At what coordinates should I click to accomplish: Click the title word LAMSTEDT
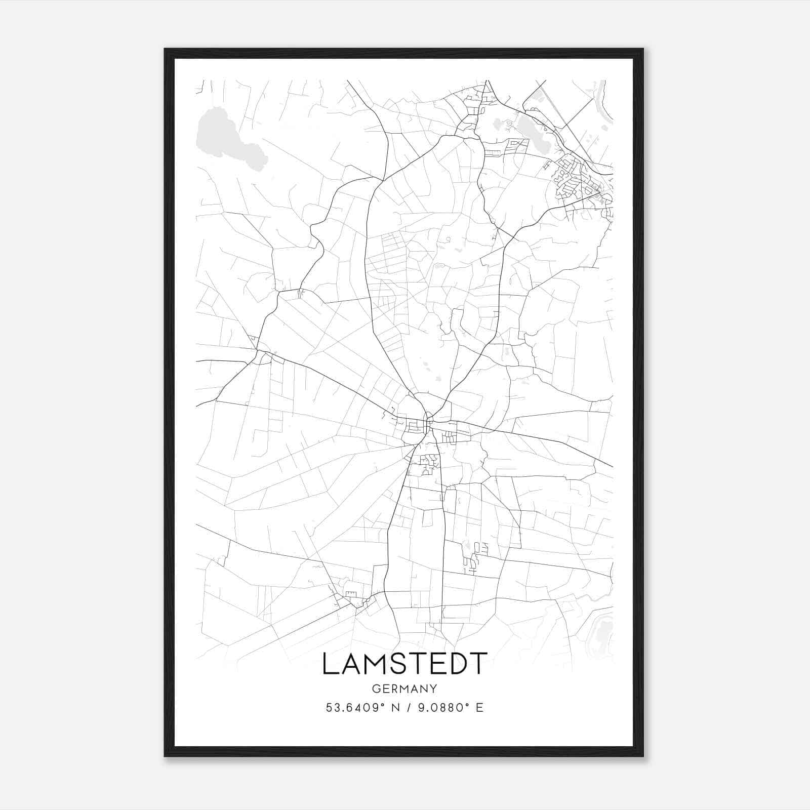404,664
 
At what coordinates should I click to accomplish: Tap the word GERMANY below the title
404,689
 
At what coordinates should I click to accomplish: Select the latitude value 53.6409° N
361,707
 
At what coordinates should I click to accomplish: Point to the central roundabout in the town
429,420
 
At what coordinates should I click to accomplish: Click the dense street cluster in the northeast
577,180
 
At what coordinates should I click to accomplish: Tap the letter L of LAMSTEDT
330,664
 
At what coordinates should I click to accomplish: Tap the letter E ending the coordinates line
479,707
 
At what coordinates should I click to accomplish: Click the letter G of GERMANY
375,689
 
